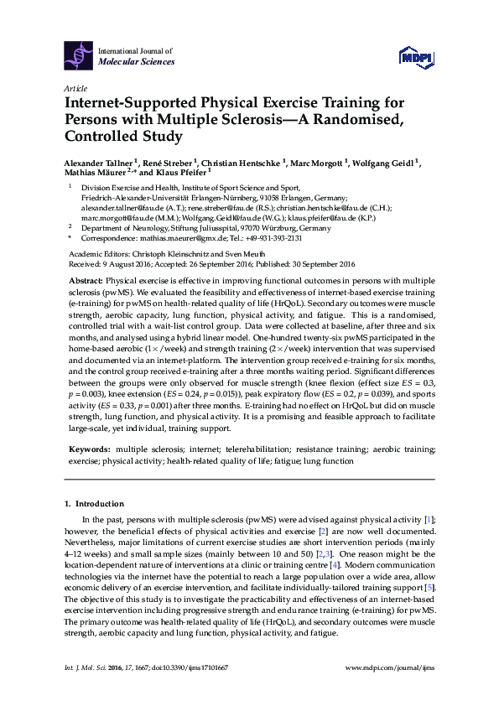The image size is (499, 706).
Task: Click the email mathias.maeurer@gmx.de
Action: point(181,237)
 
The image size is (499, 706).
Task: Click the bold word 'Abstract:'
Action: point(85,278)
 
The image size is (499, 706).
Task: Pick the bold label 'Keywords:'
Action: point(89,450)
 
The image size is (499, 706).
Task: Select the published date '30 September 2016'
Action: point(329,261)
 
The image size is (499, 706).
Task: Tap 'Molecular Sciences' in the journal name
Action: point(137,61)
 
